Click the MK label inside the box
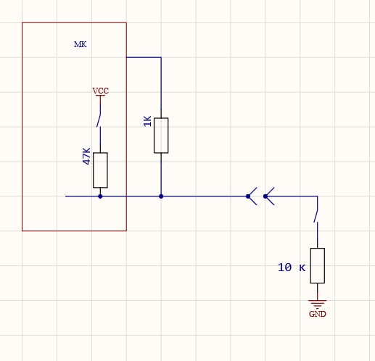[81, 44]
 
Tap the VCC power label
[101, 91]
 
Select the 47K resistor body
[100, 170]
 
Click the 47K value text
[86, 156]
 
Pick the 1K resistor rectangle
[161, 136]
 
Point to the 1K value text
[147, 121]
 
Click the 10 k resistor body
[318, 265]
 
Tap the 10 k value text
[292, 267]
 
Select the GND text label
[318, 314]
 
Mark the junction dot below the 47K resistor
[100, 196]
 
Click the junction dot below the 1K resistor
[161, 196]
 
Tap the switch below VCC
[99, 120]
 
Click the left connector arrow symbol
[252, 196]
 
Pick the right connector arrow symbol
[269, 196]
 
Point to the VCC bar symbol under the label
[100, 96]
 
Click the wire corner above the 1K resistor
[161, 57]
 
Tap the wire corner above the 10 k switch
[318, 196]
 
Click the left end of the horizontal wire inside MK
[65, 196]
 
